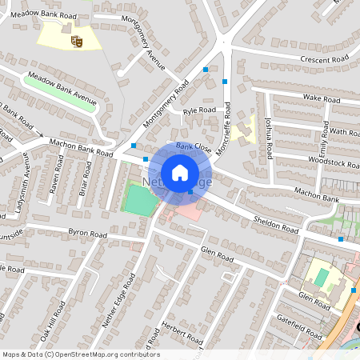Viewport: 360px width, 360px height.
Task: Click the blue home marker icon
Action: point(180,173)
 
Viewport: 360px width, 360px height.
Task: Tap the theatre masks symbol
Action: point(78,39)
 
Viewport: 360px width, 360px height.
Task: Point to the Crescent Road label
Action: point(325,59)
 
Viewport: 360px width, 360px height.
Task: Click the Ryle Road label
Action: point(199,111)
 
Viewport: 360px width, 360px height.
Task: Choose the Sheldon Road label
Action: point(274,225)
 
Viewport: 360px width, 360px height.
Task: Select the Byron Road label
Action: point(87,234)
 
